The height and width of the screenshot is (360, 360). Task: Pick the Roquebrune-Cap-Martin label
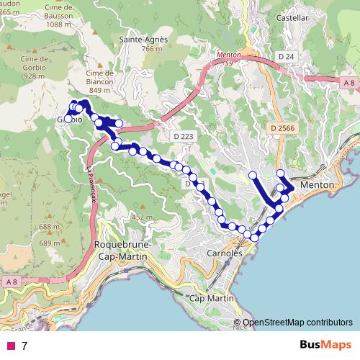(x=123, y=249)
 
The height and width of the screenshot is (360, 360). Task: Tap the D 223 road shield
(x=182, y=136)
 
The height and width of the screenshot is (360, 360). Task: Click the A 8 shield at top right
(x=348, y=84)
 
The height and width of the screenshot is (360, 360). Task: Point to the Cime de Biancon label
(x=101, y=81)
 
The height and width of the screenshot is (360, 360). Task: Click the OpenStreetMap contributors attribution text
(x=297, y=323)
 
